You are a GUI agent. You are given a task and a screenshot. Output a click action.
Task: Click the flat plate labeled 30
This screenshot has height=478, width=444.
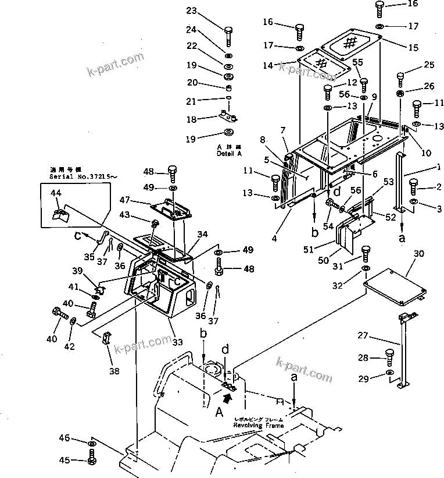(395, 285)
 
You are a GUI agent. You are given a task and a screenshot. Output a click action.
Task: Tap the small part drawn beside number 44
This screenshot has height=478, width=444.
(60, 216)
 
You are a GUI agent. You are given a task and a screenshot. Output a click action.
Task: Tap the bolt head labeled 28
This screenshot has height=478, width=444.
(390, 356)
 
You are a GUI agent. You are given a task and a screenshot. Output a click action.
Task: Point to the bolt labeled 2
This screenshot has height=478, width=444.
(415, 186)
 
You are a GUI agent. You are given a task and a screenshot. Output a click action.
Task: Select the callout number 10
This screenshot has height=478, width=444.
(427, 153)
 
